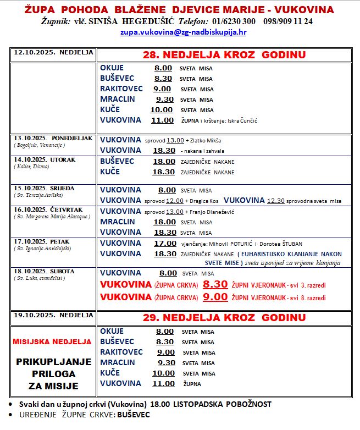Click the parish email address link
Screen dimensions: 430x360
183,32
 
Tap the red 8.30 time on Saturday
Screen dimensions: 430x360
215,285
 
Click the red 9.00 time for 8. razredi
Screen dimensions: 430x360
215,297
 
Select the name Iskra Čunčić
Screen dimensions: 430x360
242,120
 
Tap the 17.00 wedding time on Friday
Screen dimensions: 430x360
165,244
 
